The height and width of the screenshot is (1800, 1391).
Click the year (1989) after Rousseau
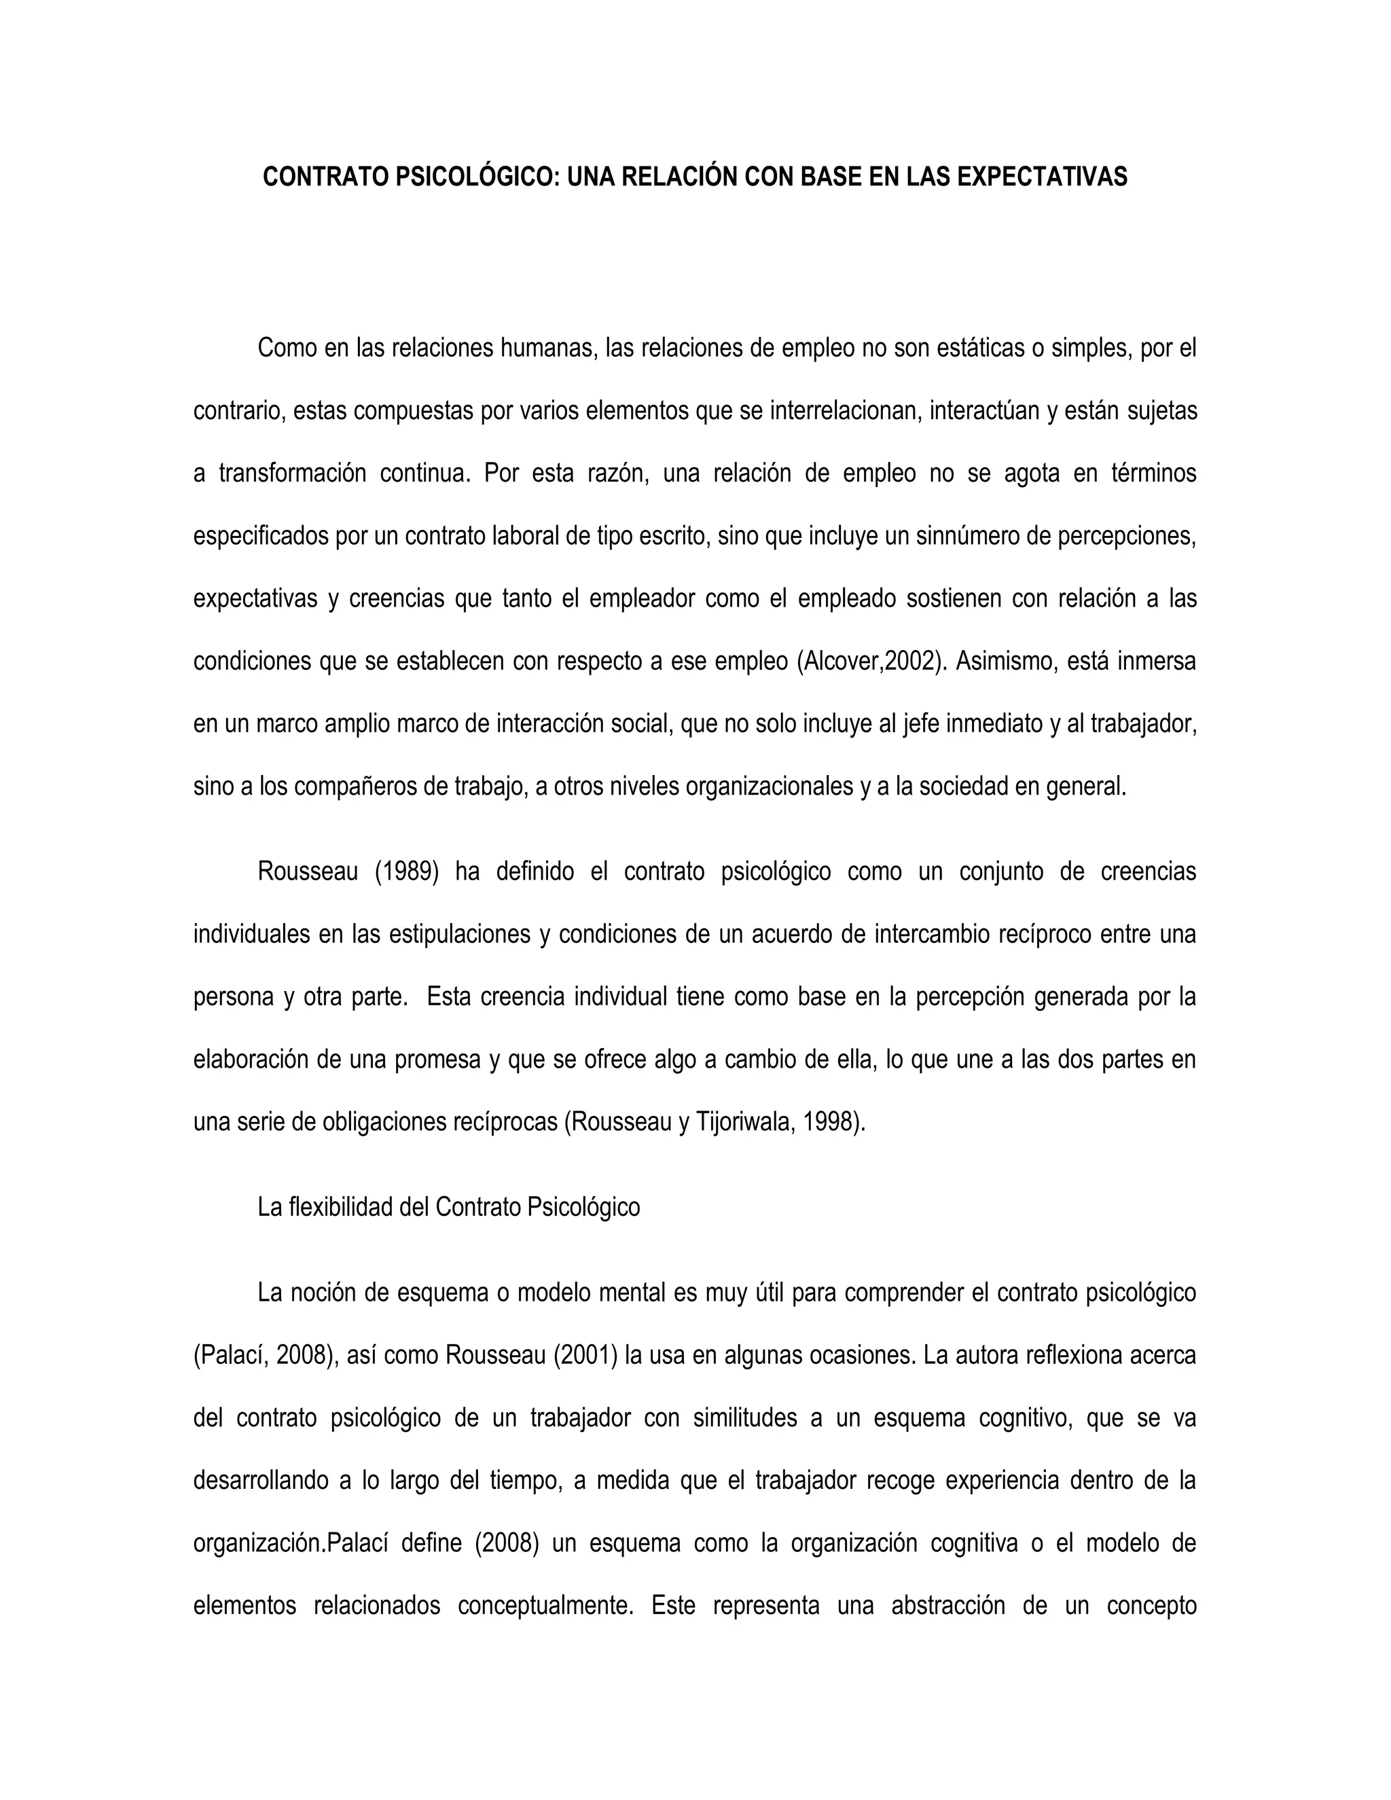pyautogui.click(x=407, y=872)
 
